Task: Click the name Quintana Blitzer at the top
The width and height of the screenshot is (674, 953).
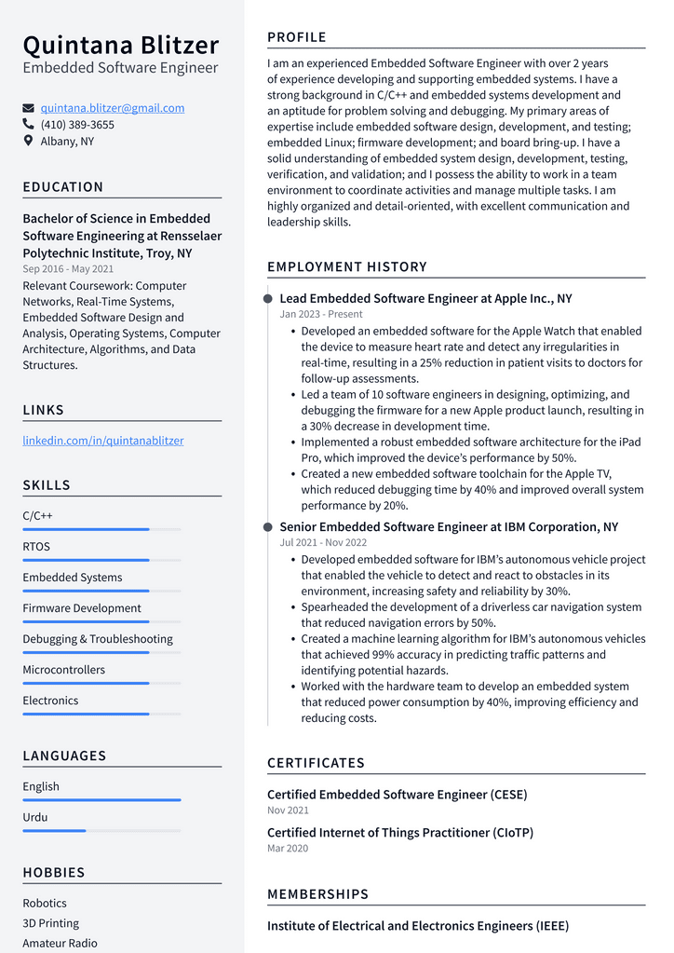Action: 121,45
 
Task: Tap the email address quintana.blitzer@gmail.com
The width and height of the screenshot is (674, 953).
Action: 112,108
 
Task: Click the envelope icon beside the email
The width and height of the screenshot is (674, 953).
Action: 29,108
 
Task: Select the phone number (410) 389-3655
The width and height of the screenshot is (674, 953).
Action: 77,125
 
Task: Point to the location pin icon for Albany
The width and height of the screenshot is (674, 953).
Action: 29,142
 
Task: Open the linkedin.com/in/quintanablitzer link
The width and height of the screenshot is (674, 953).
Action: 103,441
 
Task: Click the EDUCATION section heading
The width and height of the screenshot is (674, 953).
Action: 63,187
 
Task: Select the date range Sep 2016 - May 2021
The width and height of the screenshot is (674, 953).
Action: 68,269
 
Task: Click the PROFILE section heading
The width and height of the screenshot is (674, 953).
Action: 297,37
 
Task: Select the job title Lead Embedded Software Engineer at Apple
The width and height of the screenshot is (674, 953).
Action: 425,299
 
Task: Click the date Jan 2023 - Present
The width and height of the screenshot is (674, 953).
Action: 321,315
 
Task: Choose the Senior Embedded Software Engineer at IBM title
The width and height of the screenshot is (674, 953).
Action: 449,527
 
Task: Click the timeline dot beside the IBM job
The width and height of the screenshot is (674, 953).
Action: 268,527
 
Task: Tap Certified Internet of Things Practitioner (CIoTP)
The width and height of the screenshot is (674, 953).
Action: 400,833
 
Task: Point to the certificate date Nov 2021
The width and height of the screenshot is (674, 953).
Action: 288,810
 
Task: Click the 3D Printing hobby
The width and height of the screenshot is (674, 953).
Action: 51,923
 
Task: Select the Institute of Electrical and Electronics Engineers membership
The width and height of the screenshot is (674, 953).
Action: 418,926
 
